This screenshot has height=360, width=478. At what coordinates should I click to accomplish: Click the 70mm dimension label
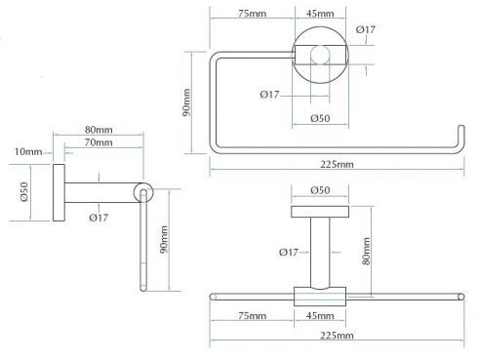99,142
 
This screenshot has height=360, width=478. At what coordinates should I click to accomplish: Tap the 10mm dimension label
28,151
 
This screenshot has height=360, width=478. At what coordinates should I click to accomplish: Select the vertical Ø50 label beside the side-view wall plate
24,192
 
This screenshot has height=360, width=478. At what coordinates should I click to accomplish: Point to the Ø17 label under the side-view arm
99,218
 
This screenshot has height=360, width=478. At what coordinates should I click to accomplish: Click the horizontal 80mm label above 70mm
99,130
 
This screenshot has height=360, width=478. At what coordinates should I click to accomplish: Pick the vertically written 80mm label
366,251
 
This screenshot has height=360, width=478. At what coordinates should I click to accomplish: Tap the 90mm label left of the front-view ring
186,102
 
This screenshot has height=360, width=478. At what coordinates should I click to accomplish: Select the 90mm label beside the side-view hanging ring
164,239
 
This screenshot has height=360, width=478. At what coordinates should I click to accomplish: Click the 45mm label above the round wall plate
320,14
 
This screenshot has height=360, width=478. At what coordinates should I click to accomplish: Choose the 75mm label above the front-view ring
253,14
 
